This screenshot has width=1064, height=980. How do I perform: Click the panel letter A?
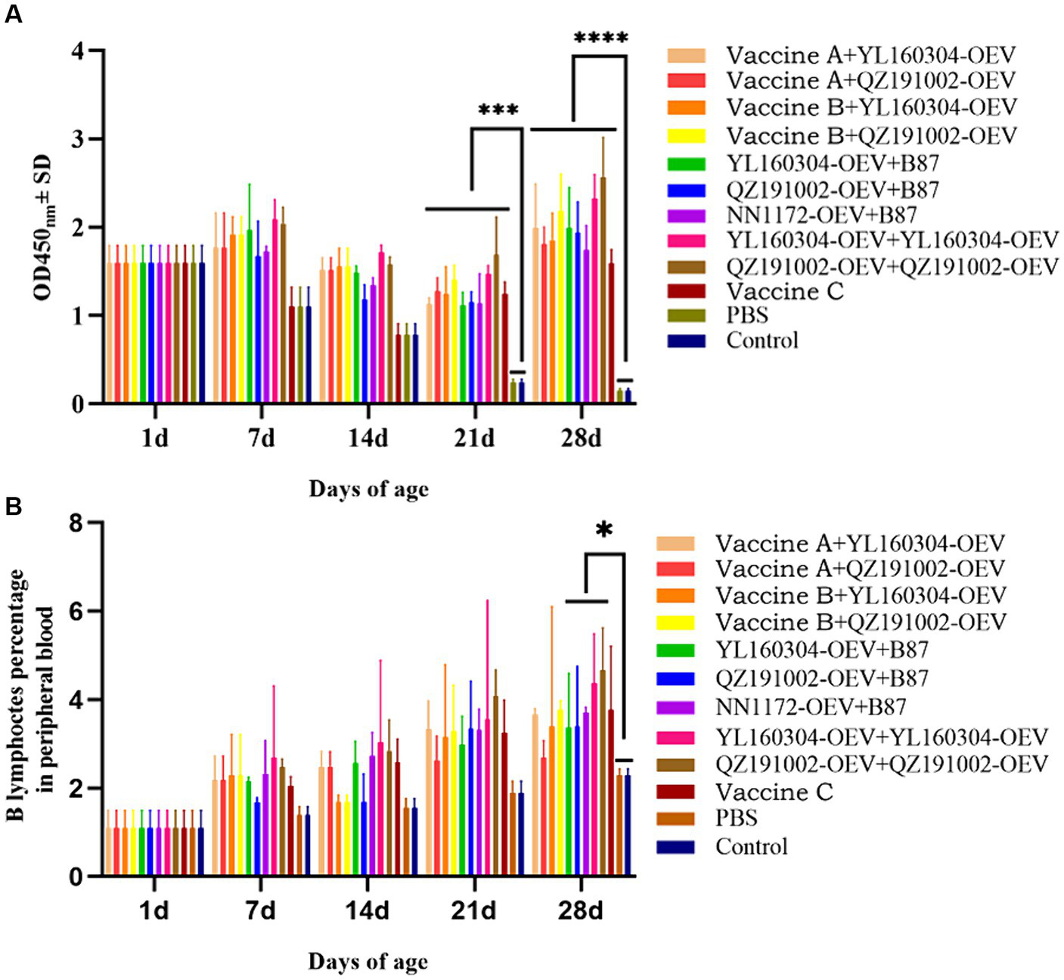coord(13,14)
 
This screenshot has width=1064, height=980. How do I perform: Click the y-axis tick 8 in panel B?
coord(76,523)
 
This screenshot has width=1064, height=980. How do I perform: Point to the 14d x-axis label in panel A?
coord(368,438)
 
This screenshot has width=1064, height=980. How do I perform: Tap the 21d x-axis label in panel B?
coord(474,910)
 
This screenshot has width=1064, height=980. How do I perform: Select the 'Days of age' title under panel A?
coord(368,489)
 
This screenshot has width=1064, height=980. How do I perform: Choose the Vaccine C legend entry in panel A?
coord(784,291)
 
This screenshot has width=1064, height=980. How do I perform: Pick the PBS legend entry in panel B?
coord(736,818)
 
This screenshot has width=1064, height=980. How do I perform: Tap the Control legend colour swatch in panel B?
coord(675,846)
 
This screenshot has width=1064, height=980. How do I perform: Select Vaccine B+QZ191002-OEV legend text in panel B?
coord(861,622)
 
